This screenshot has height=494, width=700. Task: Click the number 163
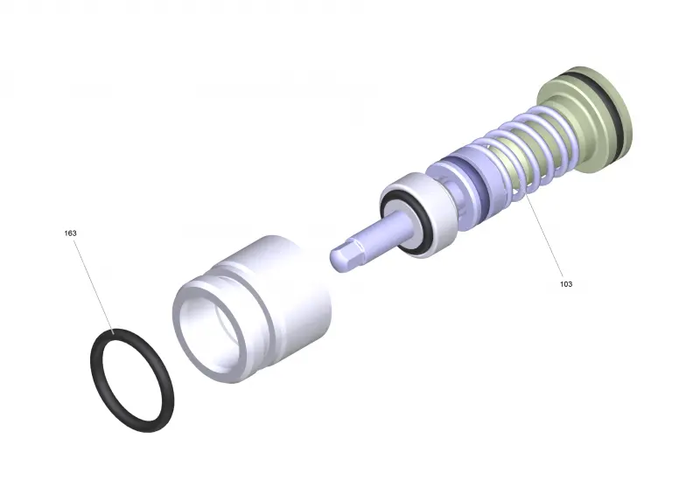pyautogui.click(x=71, y=233)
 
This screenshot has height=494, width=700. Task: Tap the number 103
pyautogui.click(x=565, y=284)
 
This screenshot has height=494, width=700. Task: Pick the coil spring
pyautogui.click(x=527, y=147)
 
